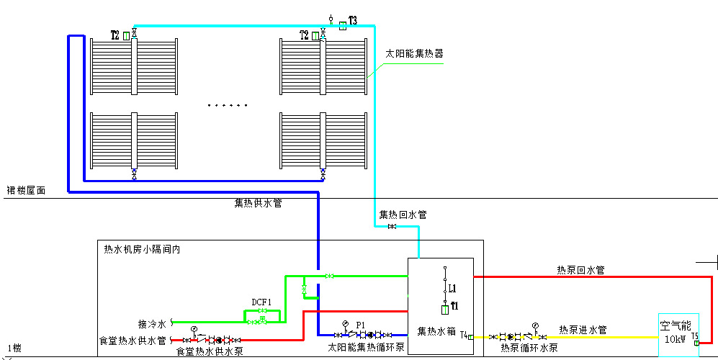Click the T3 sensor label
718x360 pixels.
tap(353, 19)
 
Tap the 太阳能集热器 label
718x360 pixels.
tap(414, 53)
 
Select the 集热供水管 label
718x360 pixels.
tap(258, 203)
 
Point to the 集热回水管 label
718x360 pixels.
tap(403, 215)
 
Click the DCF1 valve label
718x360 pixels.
tap(261, 302)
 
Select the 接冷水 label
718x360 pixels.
tap(152, 323)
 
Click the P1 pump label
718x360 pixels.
tap(361, 325)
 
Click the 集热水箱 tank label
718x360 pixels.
tap(437, 332)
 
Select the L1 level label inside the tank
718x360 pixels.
tap(452, 289)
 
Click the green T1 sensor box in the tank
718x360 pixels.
tap(446, 309)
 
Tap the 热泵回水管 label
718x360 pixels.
tap(580, 270)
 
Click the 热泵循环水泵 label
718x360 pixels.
tap(529, 348)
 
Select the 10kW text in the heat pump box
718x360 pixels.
tap(675, 339)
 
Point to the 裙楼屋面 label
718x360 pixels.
tap(27, 191)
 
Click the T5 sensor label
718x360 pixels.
tap(695, 336)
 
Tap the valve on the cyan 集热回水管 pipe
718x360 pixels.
tap(391, 227)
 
